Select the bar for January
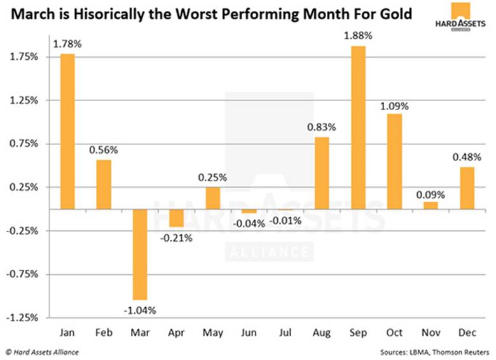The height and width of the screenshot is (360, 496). point(67,132)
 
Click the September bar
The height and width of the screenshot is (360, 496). point(358,127)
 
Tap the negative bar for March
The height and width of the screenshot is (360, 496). point(140,254)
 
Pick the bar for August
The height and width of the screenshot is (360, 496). point(322,173)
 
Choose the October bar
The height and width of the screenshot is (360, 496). point(394,161)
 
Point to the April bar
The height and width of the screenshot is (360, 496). point(176,218)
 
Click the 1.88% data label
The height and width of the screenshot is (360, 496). point(358,36)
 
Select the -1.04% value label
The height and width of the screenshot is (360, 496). point(140,310)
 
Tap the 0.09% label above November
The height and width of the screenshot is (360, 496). point(431,194)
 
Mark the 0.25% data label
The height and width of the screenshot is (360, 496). point(213,178)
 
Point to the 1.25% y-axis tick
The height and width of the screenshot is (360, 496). point(24,100)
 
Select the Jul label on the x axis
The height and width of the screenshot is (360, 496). point(286,333)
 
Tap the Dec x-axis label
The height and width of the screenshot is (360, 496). point(467,333)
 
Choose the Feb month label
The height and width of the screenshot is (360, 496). point(104,333)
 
